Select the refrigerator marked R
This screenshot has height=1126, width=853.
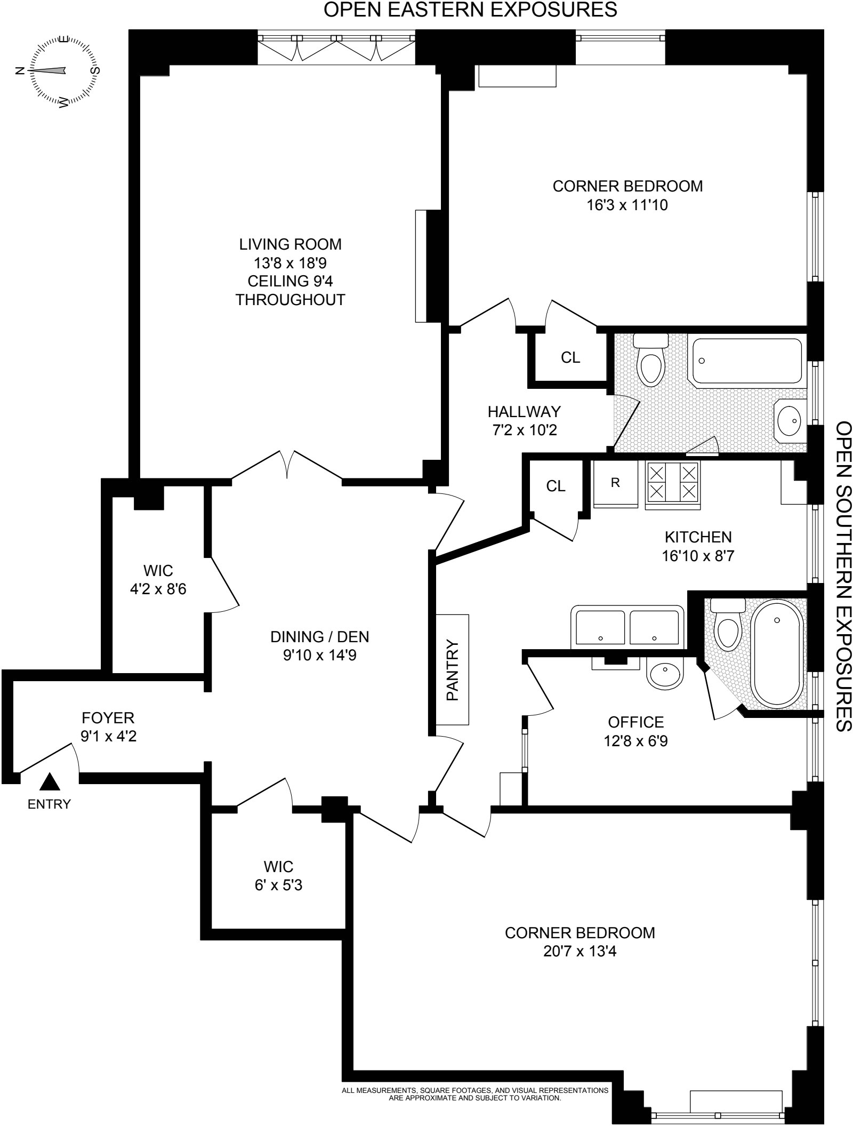[x=615, y=483]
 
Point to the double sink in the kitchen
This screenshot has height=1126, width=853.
[x=627, y=627]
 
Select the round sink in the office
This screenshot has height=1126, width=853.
[x=665, y=673]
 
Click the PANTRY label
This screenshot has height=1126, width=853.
[x=452, y=670]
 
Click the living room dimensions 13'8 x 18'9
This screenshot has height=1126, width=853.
[x=290, y=263]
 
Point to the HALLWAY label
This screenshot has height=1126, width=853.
[x=524, y=411]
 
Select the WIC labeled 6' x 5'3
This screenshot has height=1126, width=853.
[x=278, y=885]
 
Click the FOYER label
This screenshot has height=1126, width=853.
[x=108, y=717]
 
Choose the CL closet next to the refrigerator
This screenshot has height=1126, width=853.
[x=556, y=486]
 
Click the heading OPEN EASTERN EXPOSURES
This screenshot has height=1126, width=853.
[x=470, y=10]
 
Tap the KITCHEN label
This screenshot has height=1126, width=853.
[x=698, y=537]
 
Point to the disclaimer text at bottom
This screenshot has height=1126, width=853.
[x=474, y=1093]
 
